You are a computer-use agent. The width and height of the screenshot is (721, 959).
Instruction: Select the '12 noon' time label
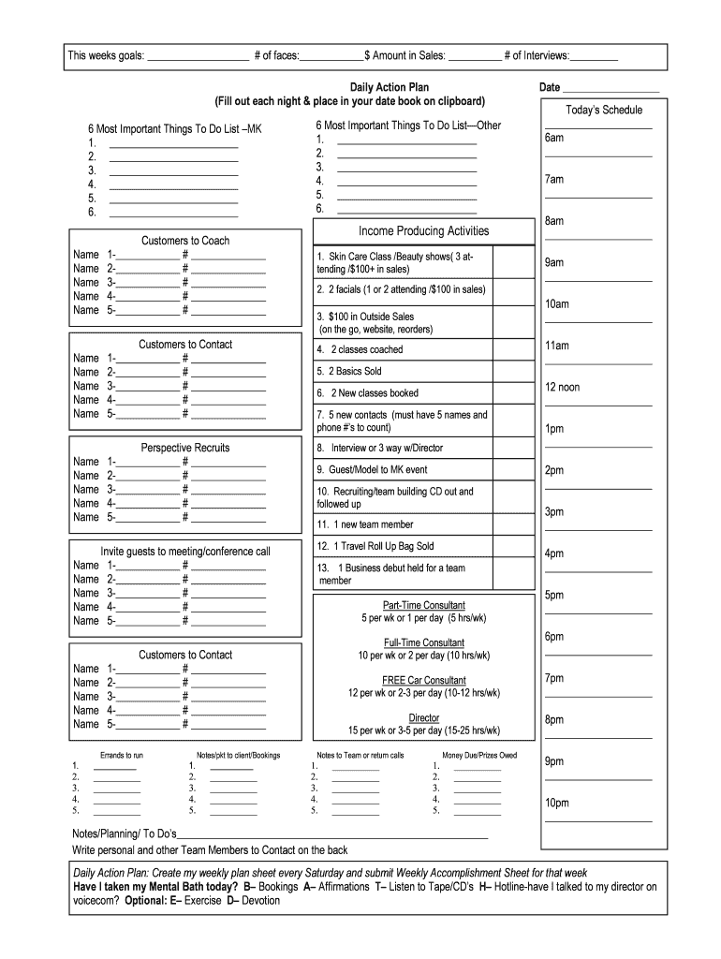click(562, 387)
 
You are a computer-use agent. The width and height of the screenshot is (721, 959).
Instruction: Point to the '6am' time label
click(554, 138)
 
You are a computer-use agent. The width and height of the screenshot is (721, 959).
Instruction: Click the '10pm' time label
click(556, 803)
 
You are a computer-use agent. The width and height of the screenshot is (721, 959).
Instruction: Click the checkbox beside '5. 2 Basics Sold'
click(513, 371)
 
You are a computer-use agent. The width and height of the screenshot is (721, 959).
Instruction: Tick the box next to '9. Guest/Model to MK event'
click(513, 470)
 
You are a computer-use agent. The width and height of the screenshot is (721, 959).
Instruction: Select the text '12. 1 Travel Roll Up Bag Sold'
click(375, 546)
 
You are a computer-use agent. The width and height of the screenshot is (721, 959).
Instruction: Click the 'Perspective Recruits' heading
click(185, 448)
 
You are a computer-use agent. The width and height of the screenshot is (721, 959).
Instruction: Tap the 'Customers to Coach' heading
click(185, 241)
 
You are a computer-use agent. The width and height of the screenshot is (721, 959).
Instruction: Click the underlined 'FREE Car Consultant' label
click(423, 680)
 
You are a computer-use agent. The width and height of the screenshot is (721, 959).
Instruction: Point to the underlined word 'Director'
click(423, 717)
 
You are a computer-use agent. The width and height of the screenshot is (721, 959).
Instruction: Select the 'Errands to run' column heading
click(122, 755)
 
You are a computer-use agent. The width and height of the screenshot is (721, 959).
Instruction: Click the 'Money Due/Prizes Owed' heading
click(478, 755)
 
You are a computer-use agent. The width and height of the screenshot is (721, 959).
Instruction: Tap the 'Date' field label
click(550, 87)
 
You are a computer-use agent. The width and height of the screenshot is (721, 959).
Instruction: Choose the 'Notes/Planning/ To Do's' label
click(125, 834)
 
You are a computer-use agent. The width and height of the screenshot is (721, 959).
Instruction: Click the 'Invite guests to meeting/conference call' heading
click(185, 551)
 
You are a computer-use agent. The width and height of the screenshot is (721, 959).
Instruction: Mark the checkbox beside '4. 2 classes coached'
click(513, 349)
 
